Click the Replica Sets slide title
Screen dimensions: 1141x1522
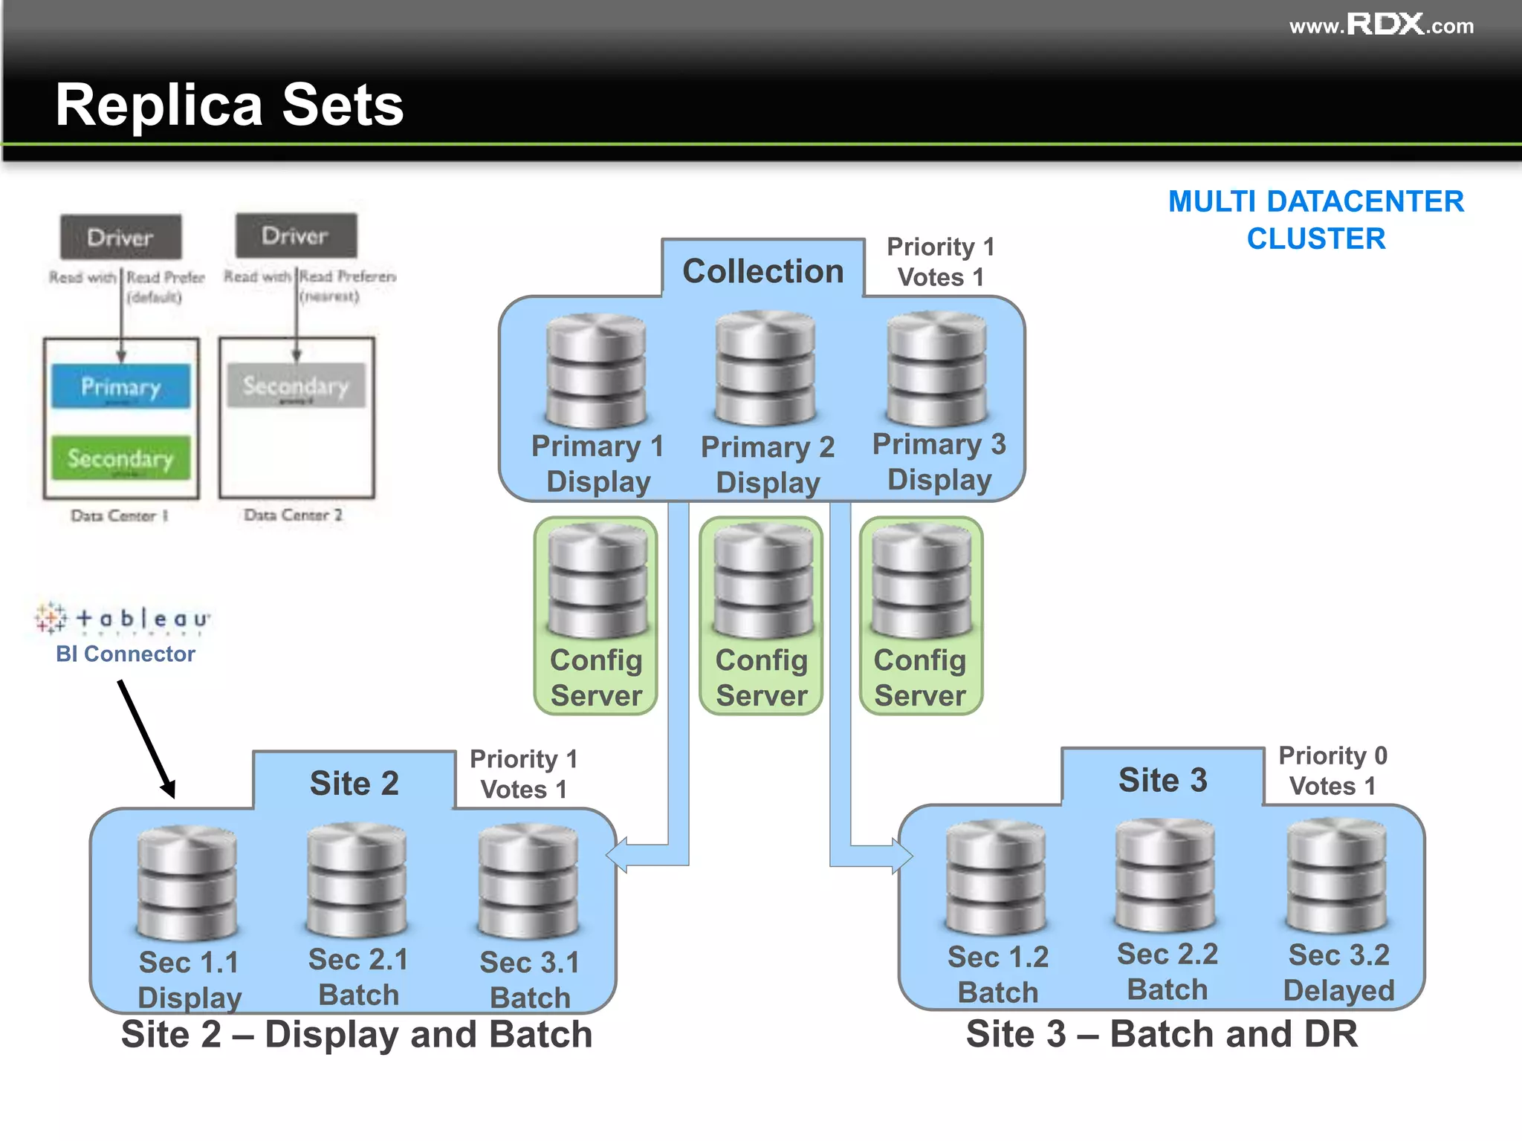(x=229, y=105)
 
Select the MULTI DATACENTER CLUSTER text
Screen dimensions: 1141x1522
(x=1315, y=220)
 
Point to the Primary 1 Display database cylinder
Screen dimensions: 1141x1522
(x=596, y=371)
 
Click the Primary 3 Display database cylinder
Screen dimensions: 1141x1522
(x=937, y=369)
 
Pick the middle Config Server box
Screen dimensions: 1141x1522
(x=761, y=616)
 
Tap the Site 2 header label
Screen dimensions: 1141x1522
(x=354, y=783)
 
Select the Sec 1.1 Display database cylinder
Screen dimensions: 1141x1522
(x=187, y=883)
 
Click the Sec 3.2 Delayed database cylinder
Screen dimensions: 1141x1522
(x=1336, y=876)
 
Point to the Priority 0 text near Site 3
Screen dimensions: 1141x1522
(x=1332, y=755)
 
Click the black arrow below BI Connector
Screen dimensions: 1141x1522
(x=146, y=738)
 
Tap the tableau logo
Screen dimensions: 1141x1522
(x=123, y=618)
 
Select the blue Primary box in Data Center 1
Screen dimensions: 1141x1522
(x=121, y=386)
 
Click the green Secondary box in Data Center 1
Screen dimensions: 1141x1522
(x=121, y=458)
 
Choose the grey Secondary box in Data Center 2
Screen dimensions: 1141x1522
(x=296, y=386)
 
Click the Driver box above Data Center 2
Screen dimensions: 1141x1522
(x=296, y=236)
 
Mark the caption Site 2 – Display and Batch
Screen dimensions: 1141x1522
(x=357, y=1034)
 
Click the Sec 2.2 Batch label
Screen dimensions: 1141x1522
(x=1167, y=972)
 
